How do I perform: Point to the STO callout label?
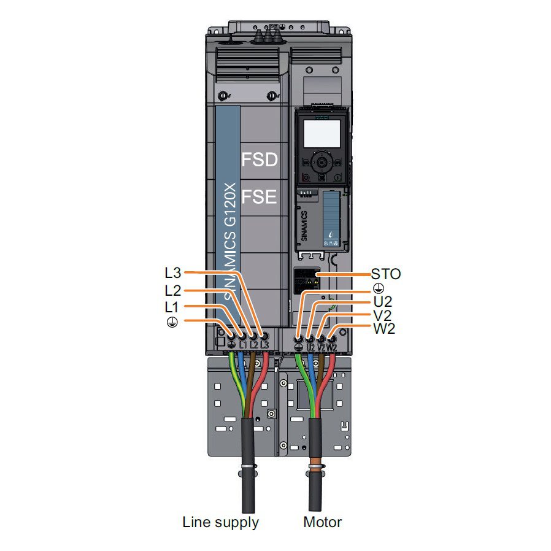pos(386,274)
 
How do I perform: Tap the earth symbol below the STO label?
pos(379,288)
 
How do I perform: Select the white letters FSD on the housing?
pos(260,160)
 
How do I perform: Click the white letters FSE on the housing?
pos(260,198)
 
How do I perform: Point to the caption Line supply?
pos(221,522)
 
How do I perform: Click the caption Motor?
pos(323,522)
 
